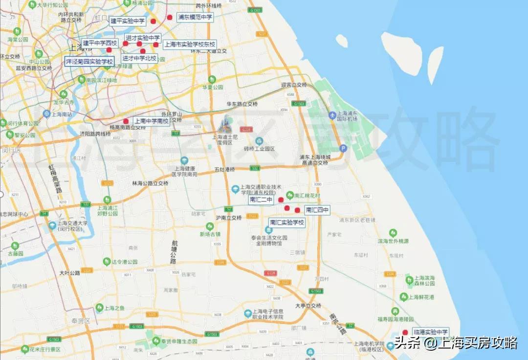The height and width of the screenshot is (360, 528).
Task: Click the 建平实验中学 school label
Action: pyautogui.click(x=127, y=21)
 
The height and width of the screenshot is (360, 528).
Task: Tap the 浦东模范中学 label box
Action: pyautogui.click(x=195, y=17)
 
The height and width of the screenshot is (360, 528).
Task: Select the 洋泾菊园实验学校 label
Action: pyautogui.click(x=89, y=62)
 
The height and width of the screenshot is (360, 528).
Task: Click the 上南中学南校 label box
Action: pyautogui.click(x=151, y=121)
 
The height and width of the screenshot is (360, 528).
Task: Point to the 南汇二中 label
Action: pyautogui.click(x=261, y=200)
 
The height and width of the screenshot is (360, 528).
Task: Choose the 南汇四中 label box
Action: pyautogui.click(x=317, y=210)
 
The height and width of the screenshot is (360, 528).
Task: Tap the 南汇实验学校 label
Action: pyautogui.click(x=287, y=223)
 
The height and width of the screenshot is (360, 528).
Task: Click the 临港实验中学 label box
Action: pyautogui.click(x=430, y=332)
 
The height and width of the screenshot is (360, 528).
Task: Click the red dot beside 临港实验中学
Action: pyautogui.click(x=405, y=332)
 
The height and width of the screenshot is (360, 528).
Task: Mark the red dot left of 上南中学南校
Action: pyautogui.click(x=126, y=121)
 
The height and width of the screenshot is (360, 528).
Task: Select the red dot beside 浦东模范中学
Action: pyautogui.click(x=170, y=17)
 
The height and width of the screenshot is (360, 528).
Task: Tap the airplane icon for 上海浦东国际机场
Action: pyautogui.click(x=333, y=114)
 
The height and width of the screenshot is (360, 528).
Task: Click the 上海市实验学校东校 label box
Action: pyautogui.click(x=189, y=44)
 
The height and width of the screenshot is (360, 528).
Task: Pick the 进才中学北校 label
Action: pyautogui.click(x=139, y=58)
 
